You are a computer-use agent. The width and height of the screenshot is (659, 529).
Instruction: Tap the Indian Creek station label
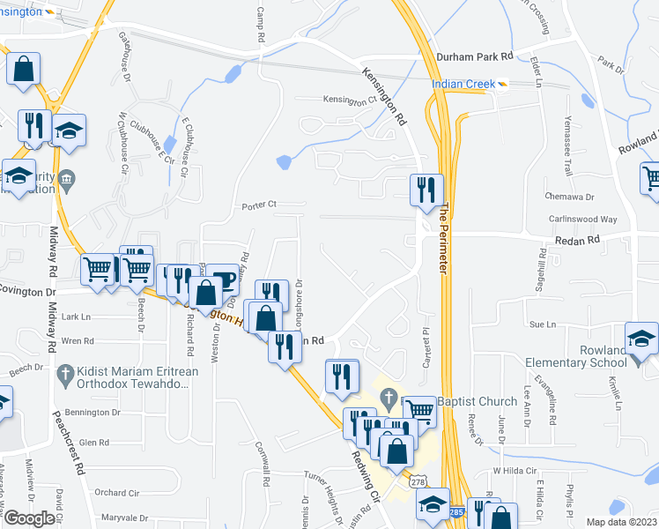(463, 85)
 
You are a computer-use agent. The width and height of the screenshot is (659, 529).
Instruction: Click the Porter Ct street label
(259, 205)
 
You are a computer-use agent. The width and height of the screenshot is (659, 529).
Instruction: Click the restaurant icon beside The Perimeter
(424, 190)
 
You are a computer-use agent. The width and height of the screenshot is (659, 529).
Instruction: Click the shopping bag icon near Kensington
(23, 68)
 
